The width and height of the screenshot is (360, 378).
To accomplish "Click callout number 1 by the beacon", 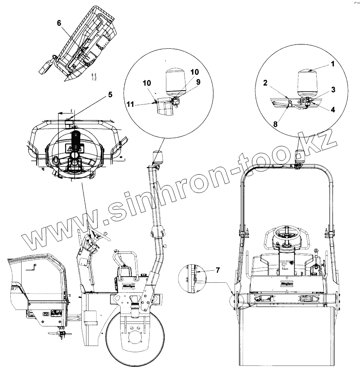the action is click(333, 64).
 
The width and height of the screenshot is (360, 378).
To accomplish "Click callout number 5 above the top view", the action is click(110, 95).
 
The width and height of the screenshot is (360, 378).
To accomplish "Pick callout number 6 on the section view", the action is click(59, 24).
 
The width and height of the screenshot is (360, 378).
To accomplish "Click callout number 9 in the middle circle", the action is click(198, 82).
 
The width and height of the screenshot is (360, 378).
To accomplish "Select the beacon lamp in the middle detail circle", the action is click(175, 81).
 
